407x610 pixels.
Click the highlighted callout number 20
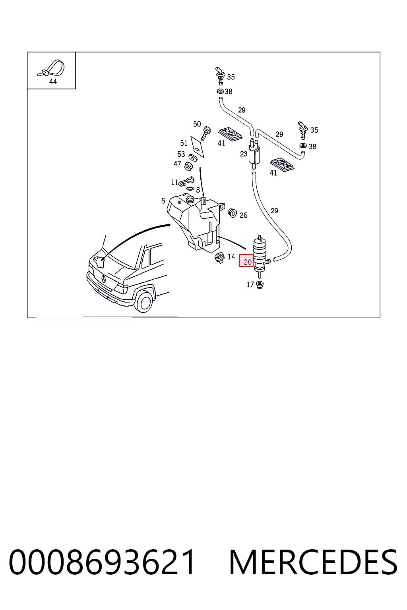247,262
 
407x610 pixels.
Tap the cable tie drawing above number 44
51,68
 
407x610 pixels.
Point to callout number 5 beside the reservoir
163,201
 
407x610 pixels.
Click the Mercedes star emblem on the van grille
104,279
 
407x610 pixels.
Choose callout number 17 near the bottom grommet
250,285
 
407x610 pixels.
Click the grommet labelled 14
219,258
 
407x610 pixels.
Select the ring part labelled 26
233,213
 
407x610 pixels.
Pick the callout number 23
243,154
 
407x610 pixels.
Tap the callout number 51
184,143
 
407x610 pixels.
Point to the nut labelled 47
189,166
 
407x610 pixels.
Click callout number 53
181,154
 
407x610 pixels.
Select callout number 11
174,182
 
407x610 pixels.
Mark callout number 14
231,257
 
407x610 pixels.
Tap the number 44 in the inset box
53,81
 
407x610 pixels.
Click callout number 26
243,215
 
